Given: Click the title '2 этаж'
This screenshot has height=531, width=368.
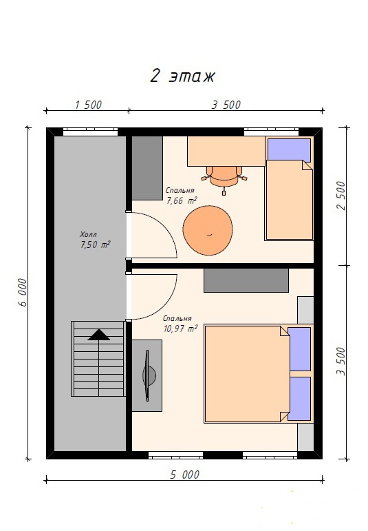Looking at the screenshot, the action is [182, 76].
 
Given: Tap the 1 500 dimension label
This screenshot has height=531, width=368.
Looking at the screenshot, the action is [88, 105].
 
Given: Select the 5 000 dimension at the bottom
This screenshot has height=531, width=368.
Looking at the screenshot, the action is [184, 475].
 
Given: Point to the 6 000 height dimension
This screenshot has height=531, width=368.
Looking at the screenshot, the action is [22, 293].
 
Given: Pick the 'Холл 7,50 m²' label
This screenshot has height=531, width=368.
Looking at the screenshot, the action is [95, 240].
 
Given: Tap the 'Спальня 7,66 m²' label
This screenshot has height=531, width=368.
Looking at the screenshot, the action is [182, 196].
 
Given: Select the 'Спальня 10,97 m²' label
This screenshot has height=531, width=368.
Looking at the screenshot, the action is [180, 324].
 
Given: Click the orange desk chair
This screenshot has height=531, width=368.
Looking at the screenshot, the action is [224, 178].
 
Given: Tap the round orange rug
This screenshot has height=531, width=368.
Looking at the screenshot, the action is [208, 231].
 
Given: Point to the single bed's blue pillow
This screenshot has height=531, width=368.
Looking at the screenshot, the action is [289, 149].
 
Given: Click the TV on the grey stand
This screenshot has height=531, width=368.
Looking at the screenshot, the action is [148, 375].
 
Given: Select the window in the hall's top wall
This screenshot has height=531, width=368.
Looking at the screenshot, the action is [90, 132].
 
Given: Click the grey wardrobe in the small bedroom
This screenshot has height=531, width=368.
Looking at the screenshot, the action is [147, 168].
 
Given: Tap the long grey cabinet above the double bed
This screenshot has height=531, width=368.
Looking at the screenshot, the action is [246, 280].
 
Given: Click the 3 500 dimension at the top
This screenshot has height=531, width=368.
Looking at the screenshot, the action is [226, 105].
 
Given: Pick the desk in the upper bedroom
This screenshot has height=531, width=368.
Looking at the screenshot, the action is [226, 151].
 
